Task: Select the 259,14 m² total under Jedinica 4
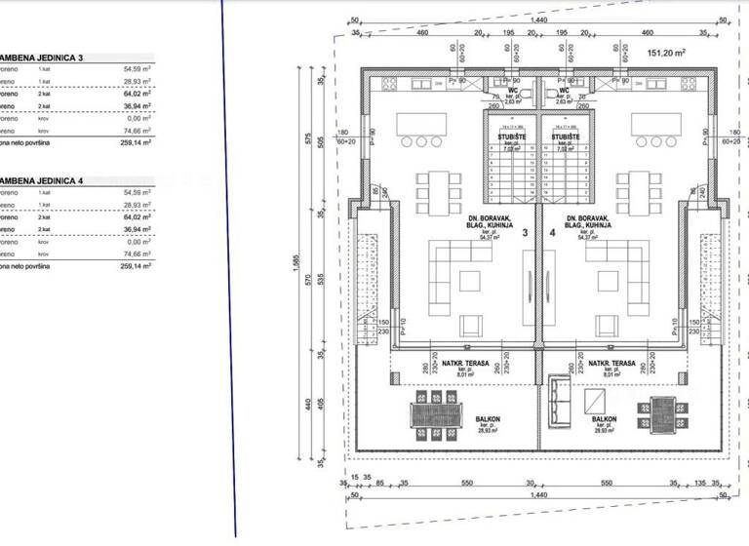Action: click(137, 265)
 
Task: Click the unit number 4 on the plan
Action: click(552, 234)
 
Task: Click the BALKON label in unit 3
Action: click(489, 420)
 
